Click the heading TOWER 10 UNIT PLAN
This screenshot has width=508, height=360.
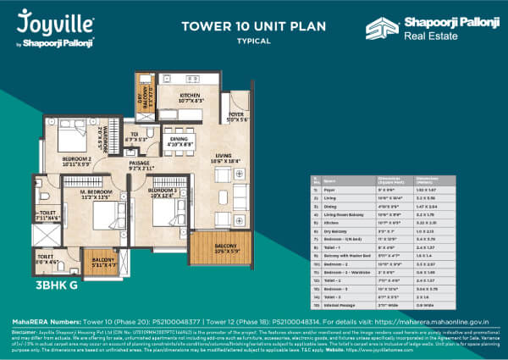(243, 25)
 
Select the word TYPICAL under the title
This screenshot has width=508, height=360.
(242, 40)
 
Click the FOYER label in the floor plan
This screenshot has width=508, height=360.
(236, 118)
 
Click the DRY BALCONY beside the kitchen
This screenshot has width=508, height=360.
(144, 95)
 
